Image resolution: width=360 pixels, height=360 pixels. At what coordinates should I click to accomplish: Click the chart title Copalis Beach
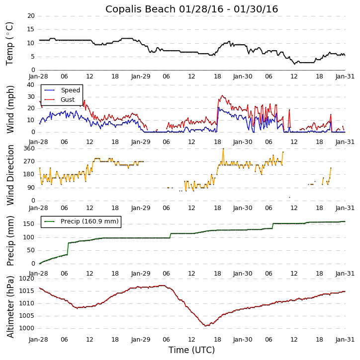coord(191,9)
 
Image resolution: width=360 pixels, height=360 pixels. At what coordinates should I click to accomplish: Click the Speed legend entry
coord(70,90)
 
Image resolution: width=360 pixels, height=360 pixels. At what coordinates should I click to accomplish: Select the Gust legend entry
coord(68,100)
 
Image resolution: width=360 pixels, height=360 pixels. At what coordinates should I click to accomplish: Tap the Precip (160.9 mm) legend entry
coord(90,221)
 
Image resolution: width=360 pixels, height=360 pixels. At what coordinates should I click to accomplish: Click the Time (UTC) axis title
coord(191,350)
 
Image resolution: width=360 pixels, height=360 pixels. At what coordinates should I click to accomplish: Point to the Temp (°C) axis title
coord(10,43)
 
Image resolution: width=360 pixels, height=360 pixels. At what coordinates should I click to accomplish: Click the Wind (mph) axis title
coord(10,109)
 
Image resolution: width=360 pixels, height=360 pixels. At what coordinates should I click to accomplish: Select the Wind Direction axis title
coord(10,174)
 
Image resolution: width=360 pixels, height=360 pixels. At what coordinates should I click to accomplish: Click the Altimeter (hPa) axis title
coord(10,306)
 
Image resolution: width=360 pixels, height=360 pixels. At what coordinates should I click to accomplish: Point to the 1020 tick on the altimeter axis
coord(27,279)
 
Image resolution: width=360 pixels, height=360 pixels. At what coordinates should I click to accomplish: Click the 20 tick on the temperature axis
coord(31,16)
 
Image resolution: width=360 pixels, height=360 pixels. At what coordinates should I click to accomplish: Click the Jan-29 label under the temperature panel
coord(141,77)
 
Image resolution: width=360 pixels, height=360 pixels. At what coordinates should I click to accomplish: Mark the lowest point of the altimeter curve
coord(206,326)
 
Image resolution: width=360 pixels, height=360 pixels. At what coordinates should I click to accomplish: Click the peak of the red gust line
coord(222,96)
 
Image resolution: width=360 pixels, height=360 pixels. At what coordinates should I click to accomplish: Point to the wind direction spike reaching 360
coord(223,148)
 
